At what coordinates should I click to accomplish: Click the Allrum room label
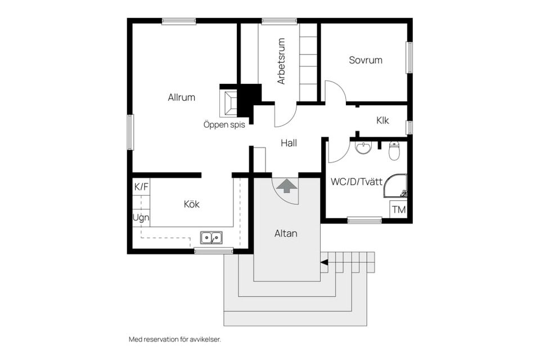point(182,97)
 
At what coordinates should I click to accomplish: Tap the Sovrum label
point(366,60)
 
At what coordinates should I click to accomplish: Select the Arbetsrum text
point(281,61)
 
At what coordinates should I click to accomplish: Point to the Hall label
point(289,143)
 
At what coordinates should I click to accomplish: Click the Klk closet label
point(382,120)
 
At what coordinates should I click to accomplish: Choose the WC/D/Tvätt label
point(357,182)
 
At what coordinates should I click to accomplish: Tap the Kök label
point(191,204)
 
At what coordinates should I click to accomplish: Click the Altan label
point(286,233)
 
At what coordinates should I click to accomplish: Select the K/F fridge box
point(141,187)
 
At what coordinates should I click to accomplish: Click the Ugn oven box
point(141,218)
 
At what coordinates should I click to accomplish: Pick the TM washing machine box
point(398,209)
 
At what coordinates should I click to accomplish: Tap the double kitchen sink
point(211,238)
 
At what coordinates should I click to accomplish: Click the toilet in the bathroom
point(394,151)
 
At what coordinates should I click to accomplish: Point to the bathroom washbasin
point(363,147)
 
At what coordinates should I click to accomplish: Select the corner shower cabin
point(395,186)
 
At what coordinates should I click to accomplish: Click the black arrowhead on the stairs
point(324,263)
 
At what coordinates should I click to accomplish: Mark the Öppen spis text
point(224,124)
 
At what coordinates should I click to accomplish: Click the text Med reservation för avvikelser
point(174,339)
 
